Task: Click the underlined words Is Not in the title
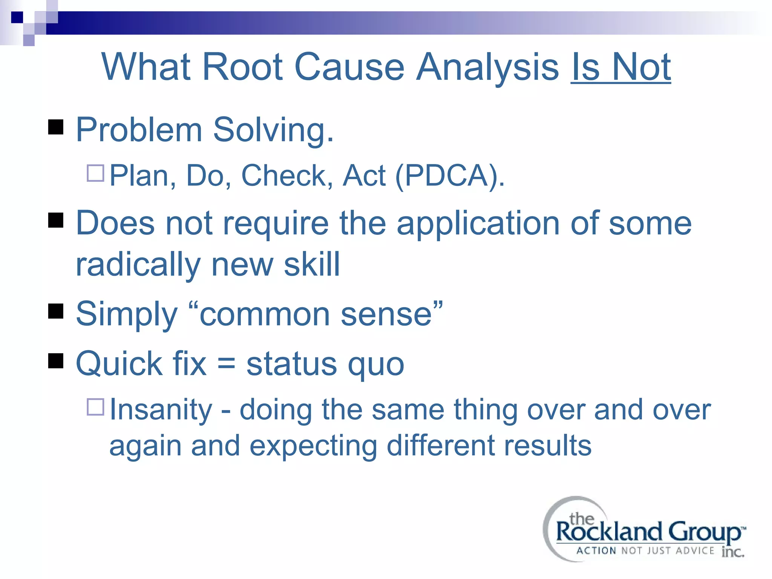[620, 67]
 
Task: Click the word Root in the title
[243, 67]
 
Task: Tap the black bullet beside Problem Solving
[56, 127]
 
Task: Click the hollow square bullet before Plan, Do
[95, 173]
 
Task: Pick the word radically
[138, 265]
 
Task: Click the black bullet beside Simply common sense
[56, 311]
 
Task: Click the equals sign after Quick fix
[226, 364]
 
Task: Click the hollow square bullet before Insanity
[95, 407]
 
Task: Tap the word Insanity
[161, 410]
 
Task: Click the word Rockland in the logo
[608, 532]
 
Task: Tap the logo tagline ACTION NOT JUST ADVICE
[645, 551]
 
